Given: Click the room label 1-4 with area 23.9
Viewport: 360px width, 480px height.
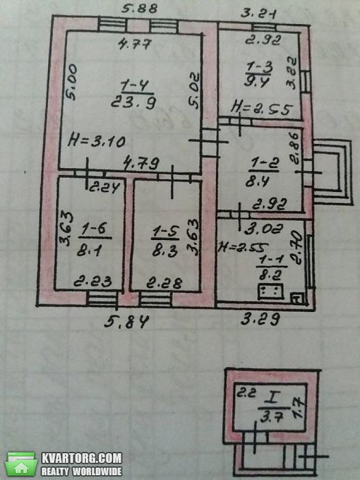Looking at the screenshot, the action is point(134,95).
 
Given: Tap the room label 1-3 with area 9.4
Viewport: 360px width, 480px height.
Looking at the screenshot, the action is point(259,74).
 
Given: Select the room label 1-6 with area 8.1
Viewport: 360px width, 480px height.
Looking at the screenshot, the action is point(94,240).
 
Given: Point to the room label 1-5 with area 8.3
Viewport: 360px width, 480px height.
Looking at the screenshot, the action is point(165,241).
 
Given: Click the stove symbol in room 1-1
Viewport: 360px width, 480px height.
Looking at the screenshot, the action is point(271,291).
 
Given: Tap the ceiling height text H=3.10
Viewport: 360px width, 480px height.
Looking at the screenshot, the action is point(97,141).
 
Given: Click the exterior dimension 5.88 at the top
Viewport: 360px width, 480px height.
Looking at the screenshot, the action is point(139,8).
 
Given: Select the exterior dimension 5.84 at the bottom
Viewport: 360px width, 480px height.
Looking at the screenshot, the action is point(126,322).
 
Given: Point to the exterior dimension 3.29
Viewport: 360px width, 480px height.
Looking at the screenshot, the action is point(260,320).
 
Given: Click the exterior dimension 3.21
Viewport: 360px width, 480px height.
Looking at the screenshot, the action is point(259,14).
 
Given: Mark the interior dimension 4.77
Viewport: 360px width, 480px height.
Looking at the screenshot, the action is point(134,45).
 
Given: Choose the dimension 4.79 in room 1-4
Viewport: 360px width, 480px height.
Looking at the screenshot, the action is point(141,163).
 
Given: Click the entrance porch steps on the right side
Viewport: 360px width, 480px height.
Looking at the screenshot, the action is point(332,172).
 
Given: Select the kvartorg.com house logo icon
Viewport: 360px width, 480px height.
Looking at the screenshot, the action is point(21,464).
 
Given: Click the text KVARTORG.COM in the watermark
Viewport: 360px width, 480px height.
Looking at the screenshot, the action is point(82,459).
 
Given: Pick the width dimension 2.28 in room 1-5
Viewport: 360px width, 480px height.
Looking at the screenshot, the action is point(164,283).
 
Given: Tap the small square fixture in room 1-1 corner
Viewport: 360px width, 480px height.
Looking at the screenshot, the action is point(297,298).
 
